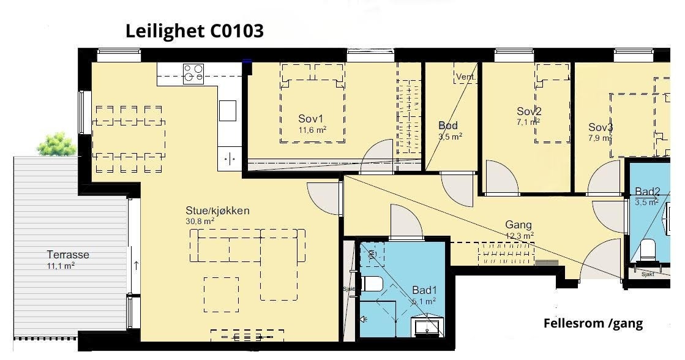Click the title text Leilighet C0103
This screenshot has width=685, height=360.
194,31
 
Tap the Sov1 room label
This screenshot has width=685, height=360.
310,118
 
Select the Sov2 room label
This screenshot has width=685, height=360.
529,111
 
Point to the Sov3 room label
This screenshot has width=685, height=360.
601,127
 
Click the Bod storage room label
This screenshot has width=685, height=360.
448,126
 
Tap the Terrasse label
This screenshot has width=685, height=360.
68,255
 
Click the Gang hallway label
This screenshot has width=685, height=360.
518,225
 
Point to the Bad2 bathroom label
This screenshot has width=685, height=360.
647,191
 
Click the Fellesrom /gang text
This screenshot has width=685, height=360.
593,323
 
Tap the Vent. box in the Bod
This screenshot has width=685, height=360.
465,77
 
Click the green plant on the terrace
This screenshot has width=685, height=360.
56,144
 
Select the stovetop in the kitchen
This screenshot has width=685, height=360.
193,74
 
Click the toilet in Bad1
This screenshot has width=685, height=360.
371,283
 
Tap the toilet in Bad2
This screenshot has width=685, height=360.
646,249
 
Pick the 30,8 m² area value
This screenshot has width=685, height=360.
200,221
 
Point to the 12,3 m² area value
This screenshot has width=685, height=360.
520,235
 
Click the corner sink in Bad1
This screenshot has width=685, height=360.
427,324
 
